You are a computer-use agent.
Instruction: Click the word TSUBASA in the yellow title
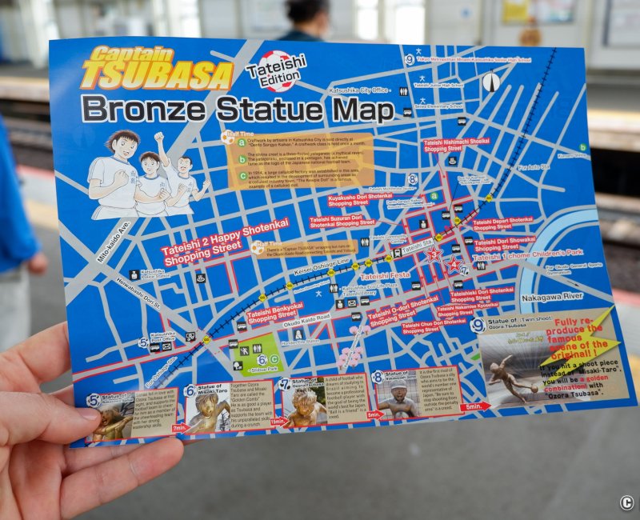pos(156,77)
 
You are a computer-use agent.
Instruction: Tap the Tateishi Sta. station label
pos(416,246)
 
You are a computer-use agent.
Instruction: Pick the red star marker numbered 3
pos(434,254)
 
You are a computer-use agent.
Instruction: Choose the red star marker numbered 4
pos(454,263)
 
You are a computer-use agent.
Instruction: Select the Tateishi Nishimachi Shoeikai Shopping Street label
pos(456,145)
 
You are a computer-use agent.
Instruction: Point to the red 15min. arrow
pos(278,421)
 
